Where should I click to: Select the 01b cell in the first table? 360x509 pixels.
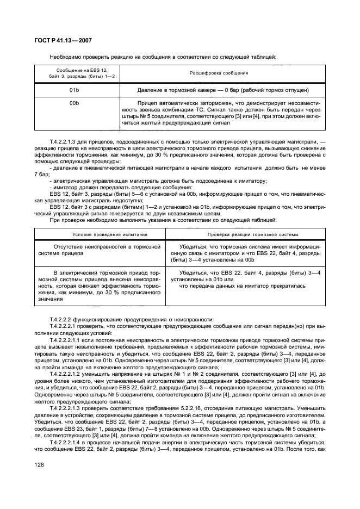click(75, 90)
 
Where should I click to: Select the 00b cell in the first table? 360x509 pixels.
click(75, 103)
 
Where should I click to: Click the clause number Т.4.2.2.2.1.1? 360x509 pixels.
click(70, 338)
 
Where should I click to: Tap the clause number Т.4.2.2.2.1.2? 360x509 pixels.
click(70, 374)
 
